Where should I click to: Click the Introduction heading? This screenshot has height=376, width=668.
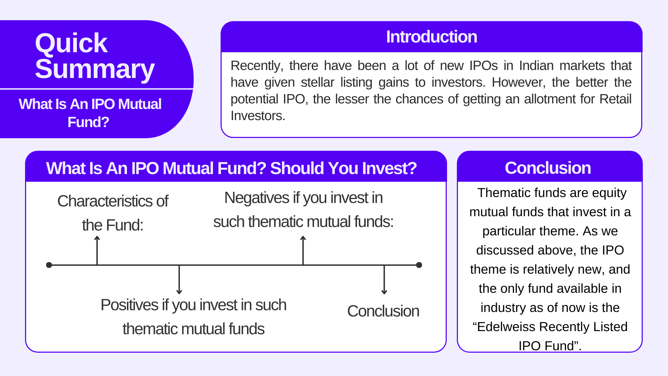click(431, 37)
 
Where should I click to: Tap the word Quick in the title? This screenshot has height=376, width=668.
click(71, 43)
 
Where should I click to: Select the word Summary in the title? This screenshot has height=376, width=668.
click(95, 69)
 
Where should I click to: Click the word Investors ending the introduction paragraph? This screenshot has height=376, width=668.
click(258, 116)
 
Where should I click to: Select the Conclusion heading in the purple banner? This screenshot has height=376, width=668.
click(548, 168)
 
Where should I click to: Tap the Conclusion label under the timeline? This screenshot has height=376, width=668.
click(383, 311)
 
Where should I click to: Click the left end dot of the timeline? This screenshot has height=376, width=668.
click(49, 265)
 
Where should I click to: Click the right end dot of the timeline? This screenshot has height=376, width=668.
click(419, 265)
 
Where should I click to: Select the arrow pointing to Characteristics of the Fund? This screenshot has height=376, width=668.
click(97, 250)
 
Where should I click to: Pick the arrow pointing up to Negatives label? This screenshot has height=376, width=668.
click(303, 250)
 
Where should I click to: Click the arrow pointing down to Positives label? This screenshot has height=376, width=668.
click(179, 280)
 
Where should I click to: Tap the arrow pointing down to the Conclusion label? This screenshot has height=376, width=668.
click(384, 280)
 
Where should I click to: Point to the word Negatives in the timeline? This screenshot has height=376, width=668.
click(257, 198)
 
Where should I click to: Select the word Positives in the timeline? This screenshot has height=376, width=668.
click(129, 305)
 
